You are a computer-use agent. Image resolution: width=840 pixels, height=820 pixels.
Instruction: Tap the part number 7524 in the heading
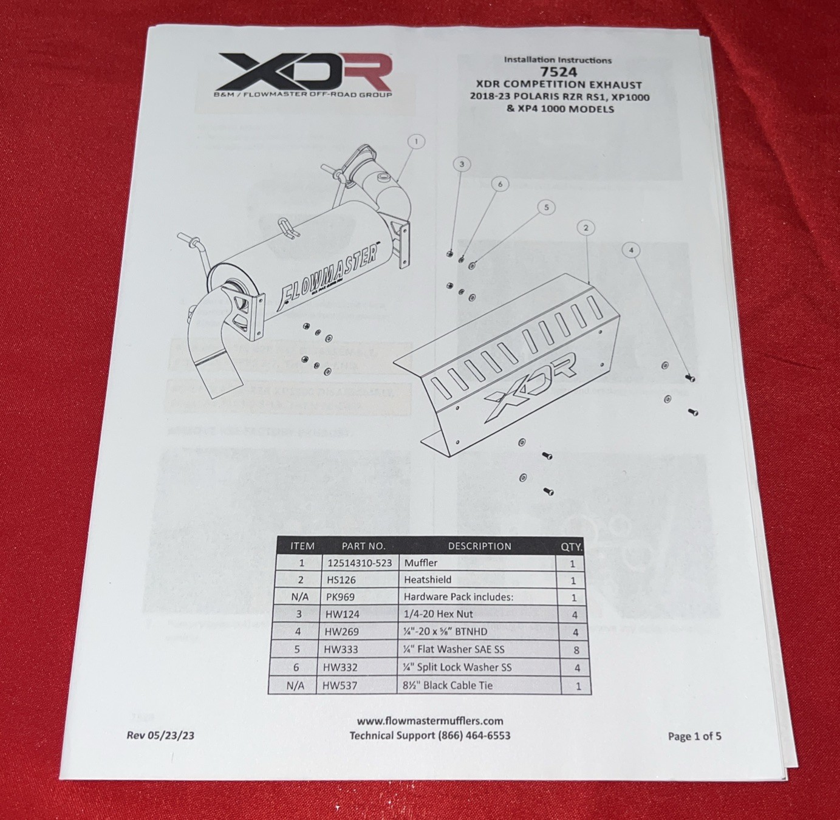click(x=558, y=72)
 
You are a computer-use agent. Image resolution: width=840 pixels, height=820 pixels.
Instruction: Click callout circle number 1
click(x=416, y=142)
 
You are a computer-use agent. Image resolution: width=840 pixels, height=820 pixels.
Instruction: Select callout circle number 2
click(x=586, y=228)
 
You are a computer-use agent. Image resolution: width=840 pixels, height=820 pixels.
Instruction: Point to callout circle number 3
click(x=462, y=164)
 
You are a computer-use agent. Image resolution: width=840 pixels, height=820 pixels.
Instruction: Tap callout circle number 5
click(x=546, y=208)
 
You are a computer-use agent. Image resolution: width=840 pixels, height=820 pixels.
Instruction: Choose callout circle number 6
click(x=500, y=184)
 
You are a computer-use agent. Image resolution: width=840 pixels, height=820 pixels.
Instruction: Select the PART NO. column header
click(x=363, y=545)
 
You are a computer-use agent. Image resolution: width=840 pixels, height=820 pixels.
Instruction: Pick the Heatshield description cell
click(x=428, y=580)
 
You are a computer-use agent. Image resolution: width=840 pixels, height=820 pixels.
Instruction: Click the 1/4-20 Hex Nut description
click(x=438, y=614)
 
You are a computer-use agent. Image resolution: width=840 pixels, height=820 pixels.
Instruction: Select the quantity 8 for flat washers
click(x=576, y=650)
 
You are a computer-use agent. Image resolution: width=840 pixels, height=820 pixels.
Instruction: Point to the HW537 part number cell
click(x=340, y=686)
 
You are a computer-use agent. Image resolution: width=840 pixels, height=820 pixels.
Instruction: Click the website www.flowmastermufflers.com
click(x=430, y=721)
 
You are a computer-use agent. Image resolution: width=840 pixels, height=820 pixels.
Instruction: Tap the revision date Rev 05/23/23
click(x=160, y=735)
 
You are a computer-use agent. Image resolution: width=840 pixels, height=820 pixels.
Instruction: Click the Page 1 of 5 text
click(x=694, y=736)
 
